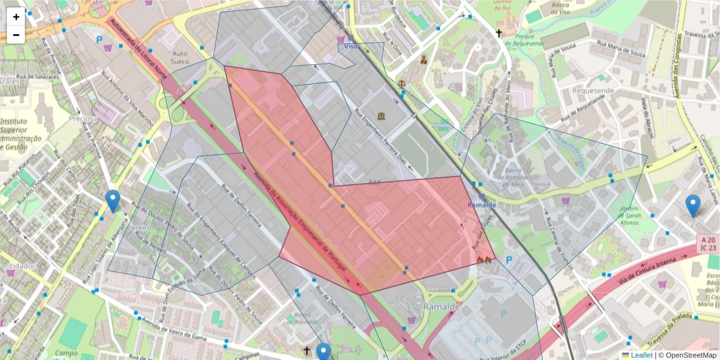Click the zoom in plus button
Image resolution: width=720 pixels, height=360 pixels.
pos(16,17)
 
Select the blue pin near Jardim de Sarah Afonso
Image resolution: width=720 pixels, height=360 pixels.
pos(693,206)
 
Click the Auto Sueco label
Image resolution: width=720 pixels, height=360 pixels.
pos(180,58)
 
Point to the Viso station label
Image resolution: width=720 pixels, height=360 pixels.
pos(351,46)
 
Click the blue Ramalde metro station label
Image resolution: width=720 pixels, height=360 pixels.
pos(482,205)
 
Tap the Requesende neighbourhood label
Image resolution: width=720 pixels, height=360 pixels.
pos(593,91)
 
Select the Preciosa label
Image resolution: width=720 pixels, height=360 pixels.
pos(83,118)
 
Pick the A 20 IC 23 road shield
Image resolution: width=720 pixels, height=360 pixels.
pos(709,243)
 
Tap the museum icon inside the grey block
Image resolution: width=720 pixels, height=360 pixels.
pos(382,116)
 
